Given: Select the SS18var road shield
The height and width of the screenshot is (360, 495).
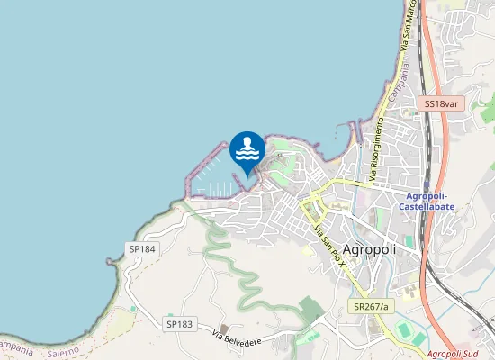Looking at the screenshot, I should pos(442,104).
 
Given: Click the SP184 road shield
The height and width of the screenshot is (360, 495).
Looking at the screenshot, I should pos(142,249).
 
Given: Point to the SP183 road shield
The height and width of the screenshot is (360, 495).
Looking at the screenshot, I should pos(180,323).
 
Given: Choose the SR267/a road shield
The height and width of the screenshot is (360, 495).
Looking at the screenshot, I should pos(370,307).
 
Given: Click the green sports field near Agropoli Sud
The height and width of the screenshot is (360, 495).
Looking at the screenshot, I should pos(405,328).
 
